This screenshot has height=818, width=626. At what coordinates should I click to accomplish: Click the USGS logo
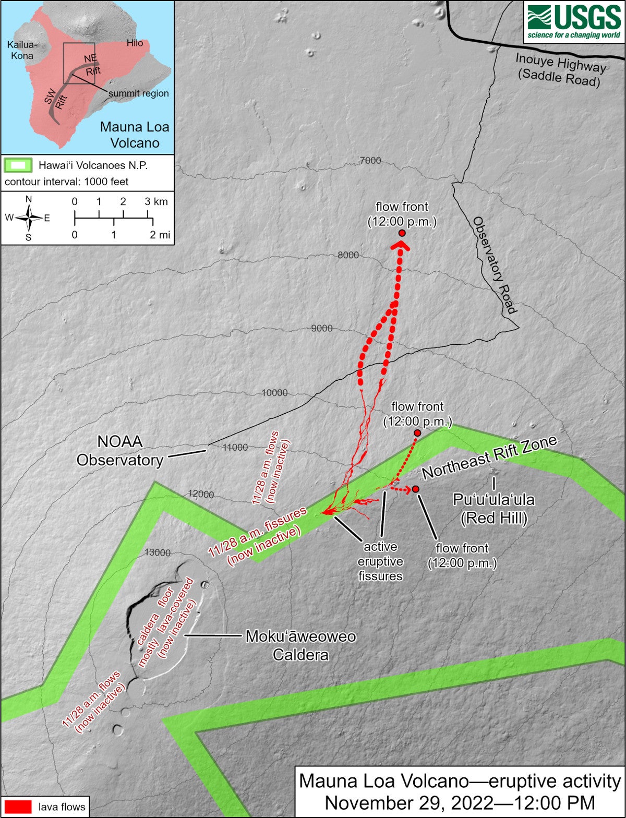click(x=574, y=21)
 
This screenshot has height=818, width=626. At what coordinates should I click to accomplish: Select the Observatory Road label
click(x=495, y=265)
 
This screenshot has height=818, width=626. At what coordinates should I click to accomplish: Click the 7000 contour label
click(x=370, y=161)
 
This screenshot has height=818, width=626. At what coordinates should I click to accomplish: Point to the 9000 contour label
click(x=321, y=328)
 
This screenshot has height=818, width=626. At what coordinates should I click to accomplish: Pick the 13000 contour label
click(x=158, y=552)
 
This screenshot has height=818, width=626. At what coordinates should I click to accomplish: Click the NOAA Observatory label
click(x=120, y=451)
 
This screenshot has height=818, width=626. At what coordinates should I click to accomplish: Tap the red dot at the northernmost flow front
click(x=402, y=233)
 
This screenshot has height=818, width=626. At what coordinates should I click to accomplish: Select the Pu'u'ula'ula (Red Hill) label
click(x=493, y=509)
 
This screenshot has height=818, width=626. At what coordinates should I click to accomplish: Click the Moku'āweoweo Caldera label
click(x=300, y=645)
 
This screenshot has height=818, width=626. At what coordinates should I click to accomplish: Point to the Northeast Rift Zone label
click(x=489, y=457)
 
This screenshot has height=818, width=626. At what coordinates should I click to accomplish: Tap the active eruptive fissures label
click(x=380, y=561)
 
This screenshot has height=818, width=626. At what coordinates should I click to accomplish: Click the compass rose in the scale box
click(x=29, y=218)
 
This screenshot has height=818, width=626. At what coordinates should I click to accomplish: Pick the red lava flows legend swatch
click(x=16, y=807)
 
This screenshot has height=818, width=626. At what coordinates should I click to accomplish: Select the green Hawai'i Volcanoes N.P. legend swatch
click(x=18, y=165)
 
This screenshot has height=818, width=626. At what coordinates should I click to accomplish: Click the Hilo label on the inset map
click(x=135, y=43)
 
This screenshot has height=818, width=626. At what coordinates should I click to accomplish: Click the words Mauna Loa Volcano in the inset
click(x=135, y=135)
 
